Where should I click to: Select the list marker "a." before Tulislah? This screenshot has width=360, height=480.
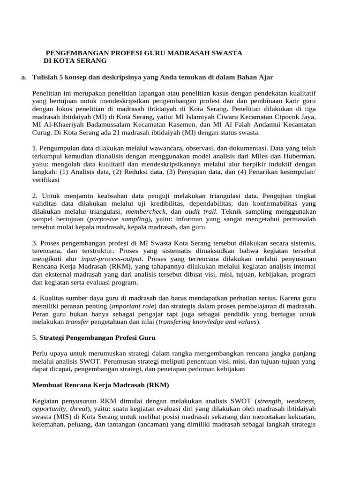click(24, 76)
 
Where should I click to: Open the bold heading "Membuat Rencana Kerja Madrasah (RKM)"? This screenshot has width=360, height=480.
click(100, 385)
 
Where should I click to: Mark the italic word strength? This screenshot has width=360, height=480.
click(267, 401)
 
